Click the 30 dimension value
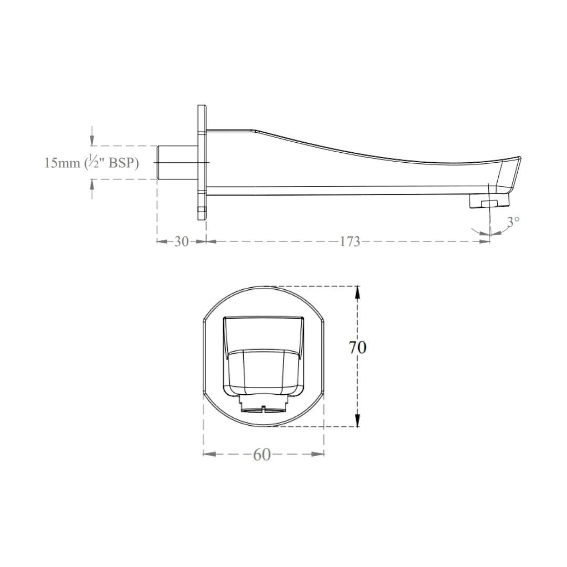(182, 241)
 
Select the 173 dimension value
(350, 241)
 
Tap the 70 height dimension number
(358, 348)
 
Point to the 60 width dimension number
(262, 455)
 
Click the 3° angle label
(513, 222)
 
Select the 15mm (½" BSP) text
(91, 163)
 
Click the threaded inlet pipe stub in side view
(177, 163)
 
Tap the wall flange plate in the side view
(202, 162)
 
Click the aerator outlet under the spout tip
(489, 201)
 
